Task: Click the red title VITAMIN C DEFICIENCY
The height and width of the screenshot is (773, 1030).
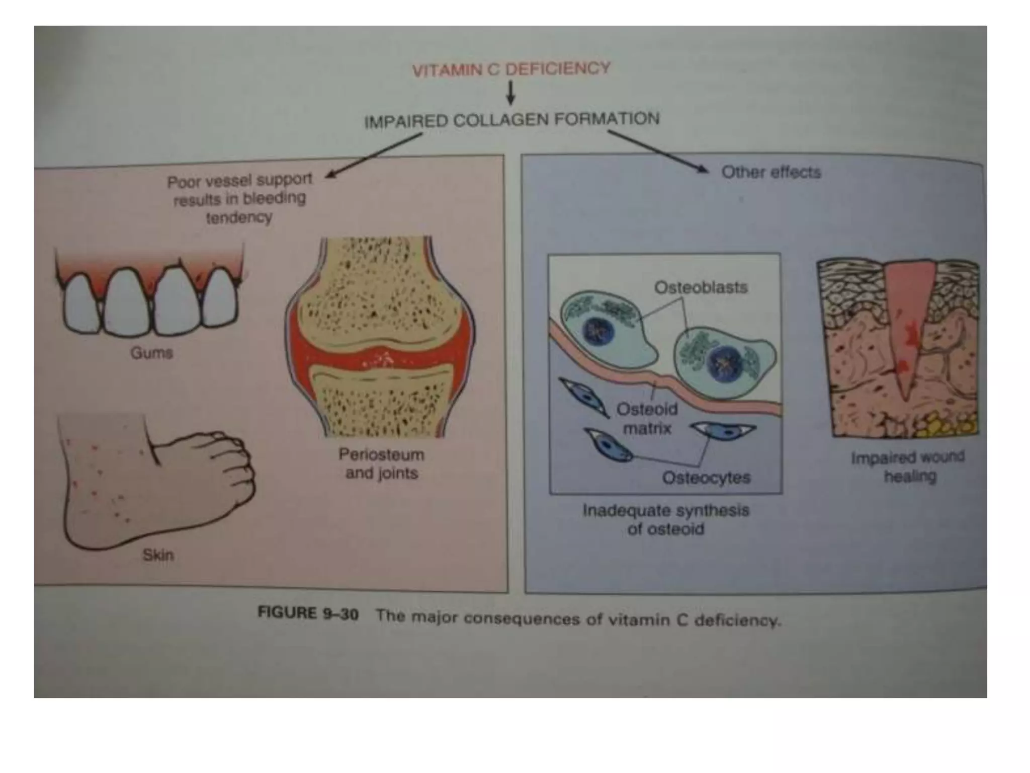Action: pos(511,69)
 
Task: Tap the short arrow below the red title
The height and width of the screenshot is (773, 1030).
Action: pos(510,94)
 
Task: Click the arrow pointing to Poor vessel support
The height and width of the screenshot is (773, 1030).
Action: pos(375,154)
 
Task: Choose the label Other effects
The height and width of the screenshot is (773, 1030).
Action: pos(770,173)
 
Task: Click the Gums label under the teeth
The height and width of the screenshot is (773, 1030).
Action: pos(151,353)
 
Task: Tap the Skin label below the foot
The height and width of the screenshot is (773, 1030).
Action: pos(158,555)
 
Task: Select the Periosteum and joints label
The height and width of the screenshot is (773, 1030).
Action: pos(381,463)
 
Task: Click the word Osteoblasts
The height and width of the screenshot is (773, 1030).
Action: pos(701,287)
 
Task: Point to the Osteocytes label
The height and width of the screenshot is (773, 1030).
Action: pos(706,477)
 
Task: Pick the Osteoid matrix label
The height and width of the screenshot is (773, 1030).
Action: pos(647,419)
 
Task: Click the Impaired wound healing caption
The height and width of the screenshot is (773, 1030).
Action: pos(908,467)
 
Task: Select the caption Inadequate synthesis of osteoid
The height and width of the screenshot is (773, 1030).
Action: pos(665,519)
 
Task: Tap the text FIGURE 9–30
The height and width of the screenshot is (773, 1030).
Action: pos(308,613)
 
